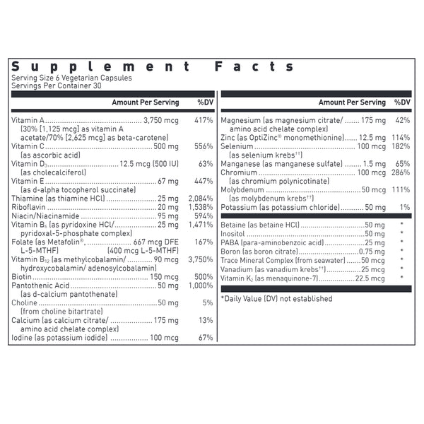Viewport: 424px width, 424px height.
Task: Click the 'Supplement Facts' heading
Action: (x=153, y=66)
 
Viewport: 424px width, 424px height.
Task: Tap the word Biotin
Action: (x=21, y=277)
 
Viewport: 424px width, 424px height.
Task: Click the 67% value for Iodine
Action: (x=206, y=337)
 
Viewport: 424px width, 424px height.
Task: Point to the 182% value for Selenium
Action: (x=401, y=146)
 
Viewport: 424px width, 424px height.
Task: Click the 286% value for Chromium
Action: (x=401, y=172)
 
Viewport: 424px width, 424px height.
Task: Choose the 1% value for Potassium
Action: (x=405, y=207)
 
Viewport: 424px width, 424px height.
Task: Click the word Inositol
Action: (x=234, y=234)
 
